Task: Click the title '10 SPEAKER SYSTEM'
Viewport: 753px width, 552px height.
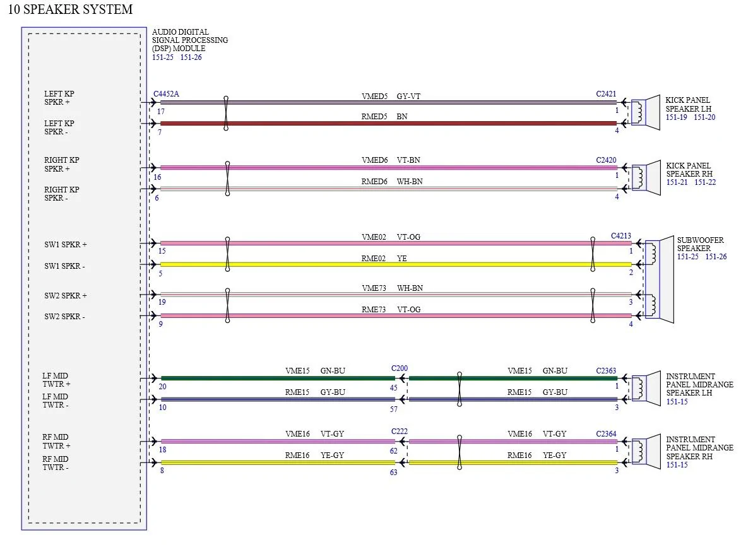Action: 70,9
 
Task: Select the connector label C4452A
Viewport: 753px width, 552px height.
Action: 166,94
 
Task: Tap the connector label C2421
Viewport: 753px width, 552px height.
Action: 606,94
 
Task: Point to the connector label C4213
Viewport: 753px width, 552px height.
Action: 621,236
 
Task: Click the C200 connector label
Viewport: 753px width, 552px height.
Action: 400,368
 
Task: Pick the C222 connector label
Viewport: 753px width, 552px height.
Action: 400,431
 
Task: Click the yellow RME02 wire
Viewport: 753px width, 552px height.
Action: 396,264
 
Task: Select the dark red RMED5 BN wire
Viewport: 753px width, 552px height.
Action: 388,124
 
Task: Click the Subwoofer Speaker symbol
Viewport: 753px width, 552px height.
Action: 660,279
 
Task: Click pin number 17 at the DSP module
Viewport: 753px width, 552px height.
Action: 161,112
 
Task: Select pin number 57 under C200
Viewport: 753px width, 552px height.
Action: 394,409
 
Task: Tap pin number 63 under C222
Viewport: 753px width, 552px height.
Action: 394,473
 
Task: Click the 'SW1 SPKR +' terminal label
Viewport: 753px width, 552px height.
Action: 66,244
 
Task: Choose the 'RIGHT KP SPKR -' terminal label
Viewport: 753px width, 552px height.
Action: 61,194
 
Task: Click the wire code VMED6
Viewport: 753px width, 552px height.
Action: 374,160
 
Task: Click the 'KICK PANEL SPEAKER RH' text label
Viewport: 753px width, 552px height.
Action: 689,170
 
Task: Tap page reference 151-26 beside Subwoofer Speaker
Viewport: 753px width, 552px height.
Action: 716,257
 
